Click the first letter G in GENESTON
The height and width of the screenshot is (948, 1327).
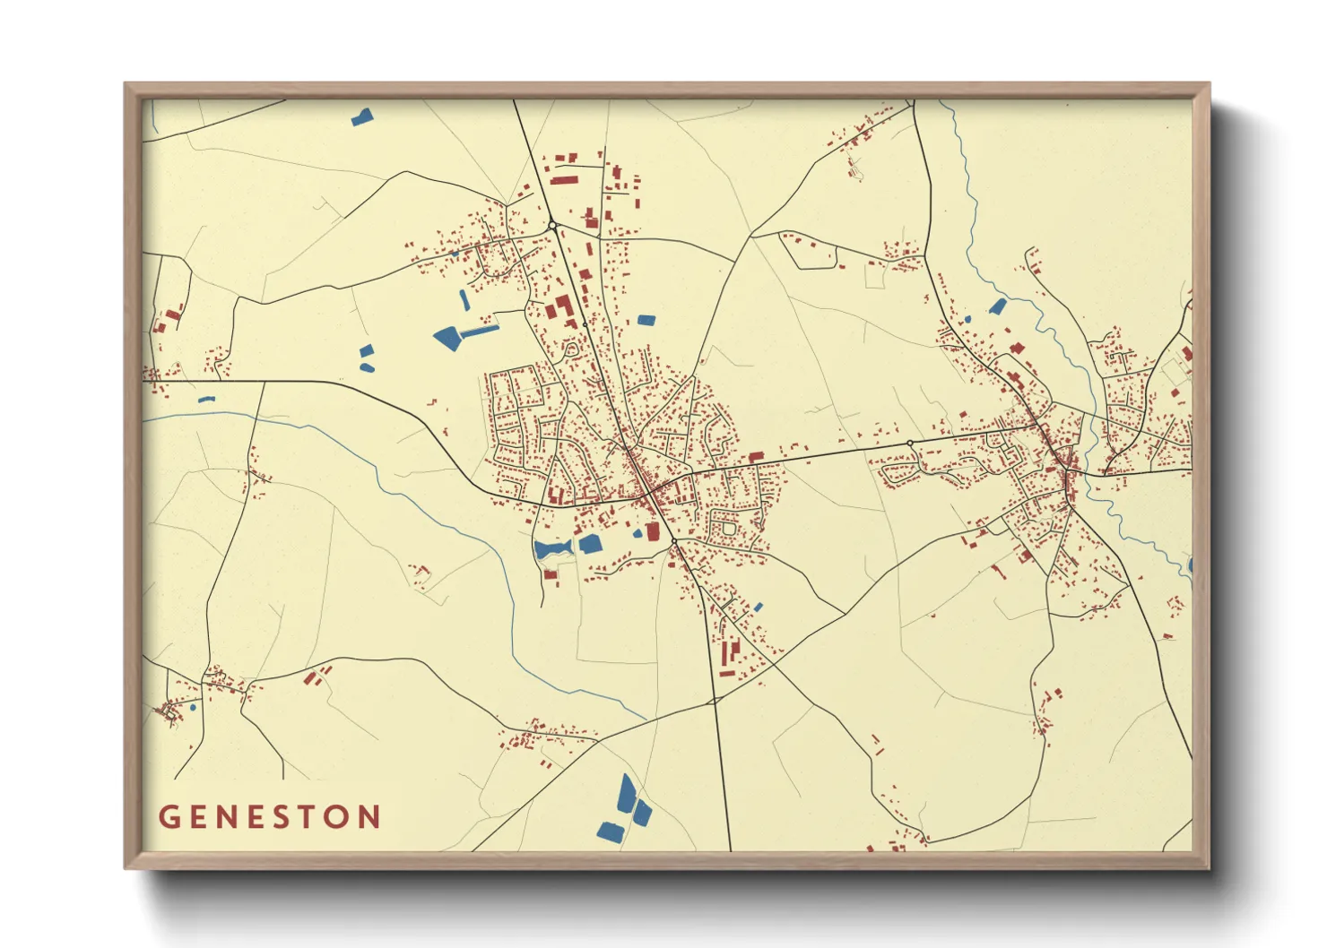click(x=169, y=817)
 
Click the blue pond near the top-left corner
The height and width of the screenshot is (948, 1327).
click(x=362, y=116)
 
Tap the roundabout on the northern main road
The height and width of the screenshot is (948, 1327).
click(x=553, y=225)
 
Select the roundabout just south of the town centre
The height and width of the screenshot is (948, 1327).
click(x=674, y=542)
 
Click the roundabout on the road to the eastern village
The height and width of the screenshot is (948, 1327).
click(x=910, y=444)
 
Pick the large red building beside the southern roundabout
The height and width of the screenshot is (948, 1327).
click(x=653, y=531)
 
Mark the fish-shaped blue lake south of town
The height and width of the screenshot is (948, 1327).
click(x=551, y=548)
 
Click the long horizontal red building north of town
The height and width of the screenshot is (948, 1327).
click(x=562, y=179)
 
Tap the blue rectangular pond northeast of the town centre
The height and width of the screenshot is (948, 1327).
click(x=646, y=320)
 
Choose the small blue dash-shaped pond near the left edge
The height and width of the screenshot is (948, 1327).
click(x=206, y=399)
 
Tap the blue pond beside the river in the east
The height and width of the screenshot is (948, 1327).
click(x=997, y=306)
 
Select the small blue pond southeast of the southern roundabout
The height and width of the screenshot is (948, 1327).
click(x=758, y=608)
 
